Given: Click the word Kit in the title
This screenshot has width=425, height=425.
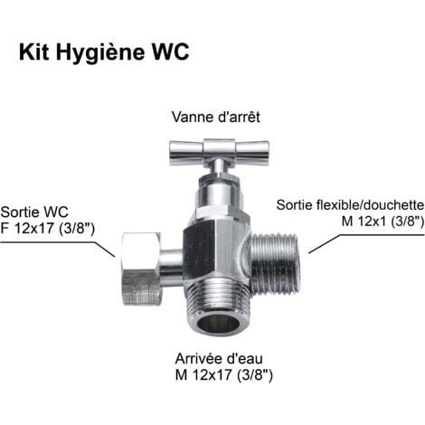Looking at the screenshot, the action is click(x=33, y=52).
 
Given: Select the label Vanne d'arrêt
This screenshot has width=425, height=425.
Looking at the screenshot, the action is click(x=215, y=117).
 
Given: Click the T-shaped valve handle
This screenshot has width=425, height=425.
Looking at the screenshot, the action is click(x=219, y=153).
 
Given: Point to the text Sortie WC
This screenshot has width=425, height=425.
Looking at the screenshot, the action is click(x=34, y=212).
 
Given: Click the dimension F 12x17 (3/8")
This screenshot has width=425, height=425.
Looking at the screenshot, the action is click(x=48, y=229).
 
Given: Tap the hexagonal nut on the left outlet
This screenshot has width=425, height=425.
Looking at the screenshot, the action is click(x=141, y=269).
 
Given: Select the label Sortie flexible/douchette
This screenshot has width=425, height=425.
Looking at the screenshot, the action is click(x=350, y=205).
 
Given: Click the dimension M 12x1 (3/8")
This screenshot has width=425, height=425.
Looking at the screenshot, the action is click(x=382, y=222).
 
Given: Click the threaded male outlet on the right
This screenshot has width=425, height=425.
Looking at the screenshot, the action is click(x=275, y=264).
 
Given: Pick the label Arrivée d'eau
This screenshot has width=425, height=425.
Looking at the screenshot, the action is click(x=219, y=359).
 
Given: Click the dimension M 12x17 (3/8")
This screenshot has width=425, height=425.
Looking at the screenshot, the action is click(x=224, y=375).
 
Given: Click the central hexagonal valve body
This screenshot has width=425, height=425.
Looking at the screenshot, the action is click(x=217, y=250).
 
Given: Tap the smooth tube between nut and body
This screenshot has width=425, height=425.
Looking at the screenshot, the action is click(x=171, y=268).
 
